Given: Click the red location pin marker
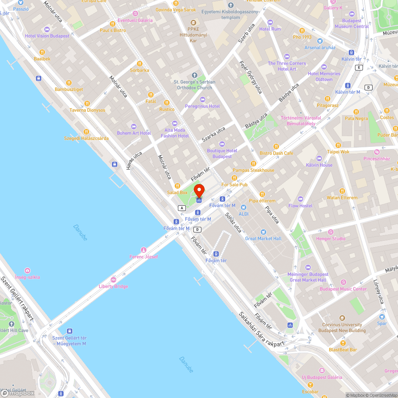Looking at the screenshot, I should coord(199,190).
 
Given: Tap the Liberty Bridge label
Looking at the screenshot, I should coord(113,286).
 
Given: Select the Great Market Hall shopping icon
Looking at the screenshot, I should coord(263,232).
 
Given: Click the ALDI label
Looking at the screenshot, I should coord(243,214).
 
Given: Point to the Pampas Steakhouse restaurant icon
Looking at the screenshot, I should coord(254,164).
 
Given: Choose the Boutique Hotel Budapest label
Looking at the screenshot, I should coord(222,154).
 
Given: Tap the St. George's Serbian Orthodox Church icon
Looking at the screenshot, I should coord(195,75).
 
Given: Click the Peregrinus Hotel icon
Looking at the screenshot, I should coord(202,99).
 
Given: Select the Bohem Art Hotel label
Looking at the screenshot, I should coord(134,133).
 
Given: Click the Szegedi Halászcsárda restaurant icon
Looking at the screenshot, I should coord(86,132).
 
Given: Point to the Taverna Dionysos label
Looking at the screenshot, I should coord(88,110).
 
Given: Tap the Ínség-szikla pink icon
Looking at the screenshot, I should coord(27,271).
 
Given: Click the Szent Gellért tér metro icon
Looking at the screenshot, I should coord(70,331).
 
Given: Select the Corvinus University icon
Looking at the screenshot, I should coord(342,318).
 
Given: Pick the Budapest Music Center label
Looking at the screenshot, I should coord(343,289).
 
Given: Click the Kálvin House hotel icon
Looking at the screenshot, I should coord(319,158).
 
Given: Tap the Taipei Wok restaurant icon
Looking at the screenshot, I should coord(338,145).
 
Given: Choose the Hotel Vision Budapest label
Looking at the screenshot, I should coord(47,36).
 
